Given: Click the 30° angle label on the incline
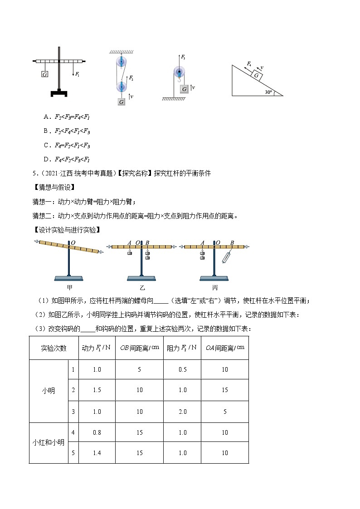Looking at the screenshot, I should coord(268,92).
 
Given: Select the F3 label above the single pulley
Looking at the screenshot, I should coord(183,58).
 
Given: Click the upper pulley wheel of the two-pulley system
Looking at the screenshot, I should coord(121,62).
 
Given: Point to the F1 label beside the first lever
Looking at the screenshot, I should coord(78,74).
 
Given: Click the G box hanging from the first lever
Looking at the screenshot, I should coord(44,74).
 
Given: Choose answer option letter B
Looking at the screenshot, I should coord(46,131).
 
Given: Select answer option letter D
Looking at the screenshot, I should coord(46,159).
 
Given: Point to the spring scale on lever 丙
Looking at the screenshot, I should coord(227,257).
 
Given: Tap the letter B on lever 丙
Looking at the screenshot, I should coord(232,243).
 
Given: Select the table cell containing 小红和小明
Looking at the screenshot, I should coord(48,443).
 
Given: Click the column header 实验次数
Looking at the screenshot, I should coord(54,348).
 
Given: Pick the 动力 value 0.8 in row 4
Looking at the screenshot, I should coord(97,432).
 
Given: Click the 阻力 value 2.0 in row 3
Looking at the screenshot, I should coord(182,412).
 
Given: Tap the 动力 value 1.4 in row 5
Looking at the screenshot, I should coord(97,453).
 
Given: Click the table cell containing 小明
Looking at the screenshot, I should coord(48,390).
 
